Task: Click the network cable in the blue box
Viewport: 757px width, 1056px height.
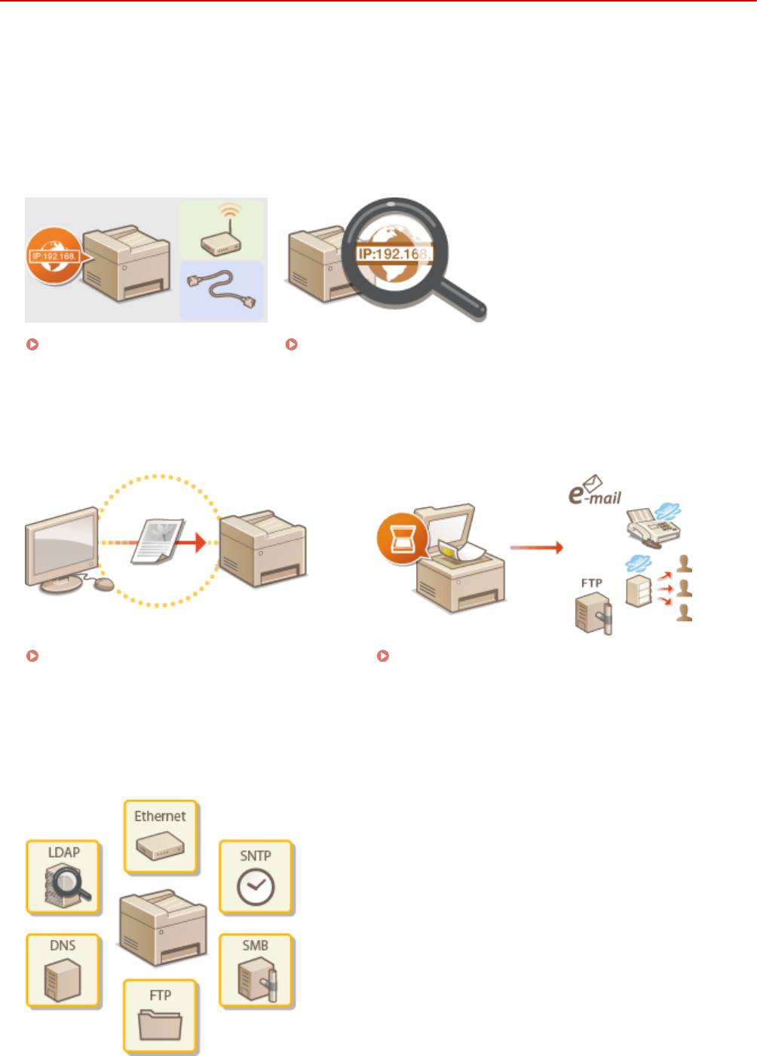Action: pos(222,289)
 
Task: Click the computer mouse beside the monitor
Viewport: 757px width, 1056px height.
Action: pos(103,583)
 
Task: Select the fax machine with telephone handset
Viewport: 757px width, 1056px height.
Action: pos(652,528)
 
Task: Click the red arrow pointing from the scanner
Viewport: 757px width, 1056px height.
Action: pos(536,546)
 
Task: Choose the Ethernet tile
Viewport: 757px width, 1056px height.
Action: pos(160,836)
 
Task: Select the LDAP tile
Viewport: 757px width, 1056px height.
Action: pos(63,877)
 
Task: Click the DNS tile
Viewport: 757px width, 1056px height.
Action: pos(63,971)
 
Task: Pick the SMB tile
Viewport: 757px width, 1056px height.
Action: pos(256,971)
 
